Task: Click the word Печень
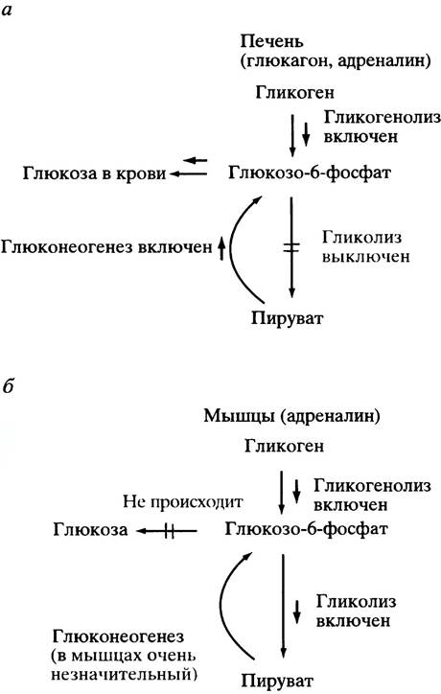click(272, 41)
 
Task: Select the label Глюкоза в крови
click(94, 173)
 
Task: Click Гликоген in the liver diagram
click(294, 93)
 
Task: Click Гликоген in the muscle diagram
click(284, 446)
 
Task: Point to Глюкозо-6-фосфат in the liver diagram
click(309, 173)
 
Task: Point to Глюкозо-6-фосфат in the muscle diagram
click(306, 528)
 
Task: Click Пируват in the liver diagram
click(288, 318)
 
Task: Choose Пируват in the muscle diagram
click(278, 681)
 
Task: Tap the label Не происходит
click(183, 502)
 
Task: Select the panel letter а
click(7, 11)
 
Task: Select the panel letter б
click(8, 387)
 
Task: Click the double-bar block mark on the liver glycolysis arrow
click(291, 247)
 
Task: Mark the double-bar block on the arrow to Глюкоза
click(169, 530)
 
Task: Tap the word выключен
click(365, 257)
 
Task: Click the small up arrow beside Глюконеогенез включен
click(221, 248)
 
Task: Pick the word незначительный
click(124, 675)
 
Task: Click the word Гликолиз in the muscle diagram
click(356, 601)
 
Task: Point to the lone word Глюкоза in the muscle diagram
click(90, 529)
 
